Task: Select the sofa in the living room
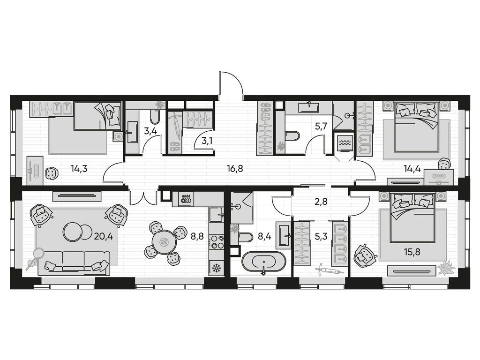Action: point(74,262)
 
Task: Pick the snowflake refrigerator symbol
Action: point(217,268)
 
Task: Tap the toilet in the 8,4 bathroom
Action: point(245,237)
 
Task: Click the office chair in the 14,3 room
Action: point(51,173)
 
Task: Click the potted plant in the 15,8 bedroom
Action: point(446,269)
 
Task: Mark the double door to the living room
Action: point(142,198)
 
